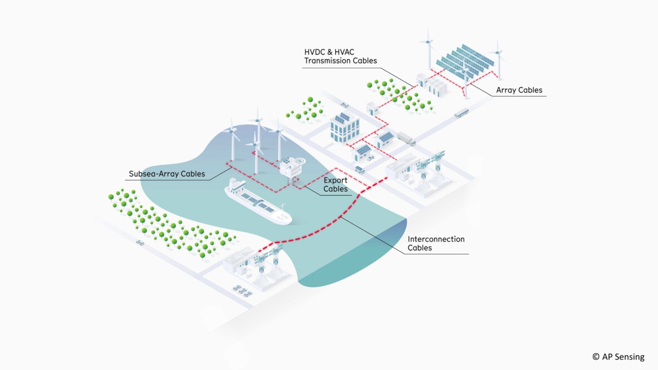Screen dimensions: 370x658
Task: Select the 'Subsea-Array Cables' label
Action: (x=167, y=174)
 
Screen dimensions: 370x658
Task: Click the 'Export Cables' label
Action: (x=336, y=185)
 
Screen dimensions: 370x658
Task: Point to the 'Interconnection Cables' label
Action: (x=436, y=244)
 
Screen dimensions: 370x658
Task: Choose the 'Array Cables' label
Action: (x=519, y=90)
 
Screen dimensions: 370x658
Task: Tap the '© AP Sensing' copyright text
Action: (x=618, y=357)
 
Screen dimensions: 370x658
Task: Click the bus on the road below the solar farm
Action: (x=461, y=113)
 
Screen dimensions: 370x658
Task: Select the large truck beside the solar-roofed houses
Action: (x=406, y=139)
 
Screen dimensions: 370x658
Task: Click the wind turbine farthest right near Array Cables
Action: (x=498, y=60)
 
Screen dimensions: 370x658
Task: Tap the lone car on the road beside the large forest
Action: (x=140, y=243)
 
